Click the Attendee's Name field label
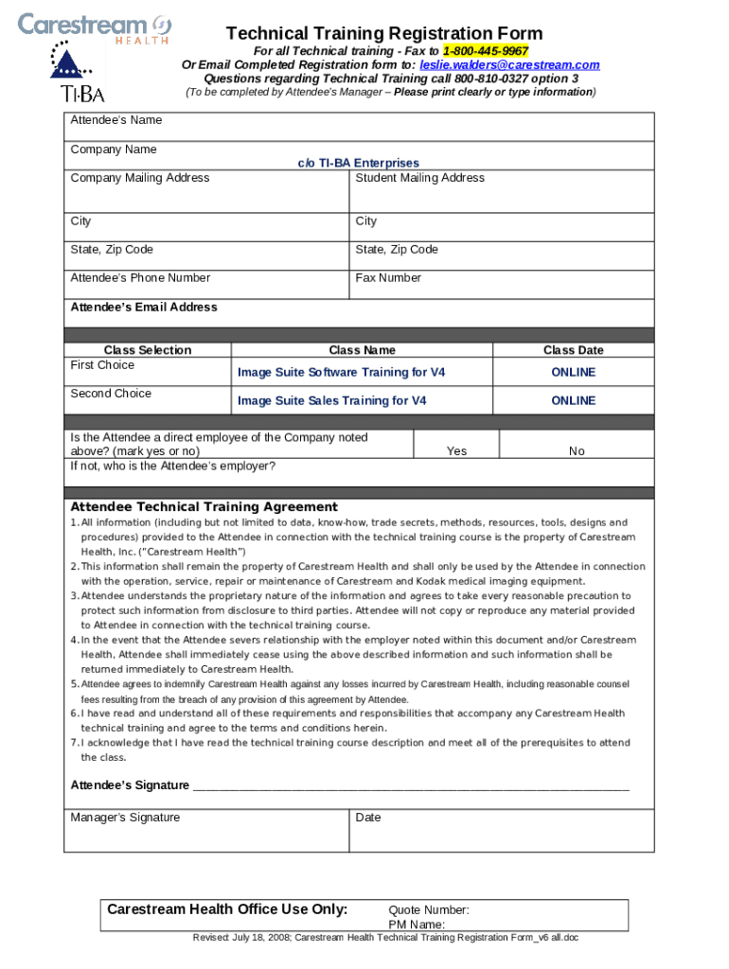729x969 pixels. (116, 120)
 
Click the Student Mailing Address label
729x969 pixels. (419, 178)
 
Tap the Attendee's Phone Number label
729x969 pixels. (140, 278)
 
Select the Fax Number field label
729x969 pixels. (388, 278)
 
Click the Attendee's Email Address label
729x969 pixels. (144, 308)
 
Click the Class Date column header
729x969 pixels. (573, 350)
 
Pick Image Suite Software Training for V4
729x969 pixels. (341, 373)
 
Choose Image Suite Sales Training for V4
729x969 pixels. (331, 401)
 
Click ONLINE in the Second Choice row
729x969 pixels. (573, 401)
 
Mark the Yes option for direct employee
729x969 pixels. (456, 451)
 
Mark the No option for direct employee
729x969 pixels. (577, 451)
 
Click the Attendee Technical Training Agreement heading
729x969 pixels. (204, 507)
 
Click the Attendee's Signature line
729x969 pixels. (411, 786)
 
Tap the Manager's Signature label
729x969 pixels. (125, 818)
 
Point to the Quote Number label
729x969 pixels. (428, 910)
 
